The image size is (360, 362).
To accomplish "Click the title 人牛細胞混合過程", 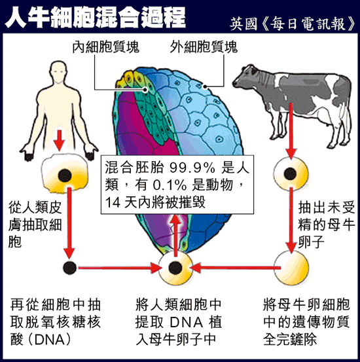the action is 95,17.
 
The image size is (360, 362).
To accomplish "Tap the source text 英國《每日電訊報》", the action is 293,24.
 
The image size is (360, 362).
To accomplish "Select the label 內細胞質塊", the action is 106,47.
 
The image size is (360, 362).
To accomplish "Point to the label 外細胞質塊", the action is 204,47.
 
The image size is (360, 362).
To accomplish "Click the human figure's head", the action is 59,71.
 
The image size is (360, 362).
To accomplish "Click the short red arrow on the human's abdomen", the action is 60,140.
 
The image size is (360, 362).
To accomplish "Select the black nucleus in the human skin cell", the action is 65,175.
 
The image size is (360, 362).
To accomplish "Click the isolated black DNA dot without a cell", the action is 70,268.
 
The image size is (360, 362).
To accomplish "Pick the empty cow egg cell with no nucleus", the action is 291,268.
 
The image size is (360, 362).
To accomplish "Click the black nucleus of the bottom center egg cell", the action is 175,268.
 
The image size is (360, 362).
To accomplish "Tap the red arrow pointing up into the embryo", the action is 176,236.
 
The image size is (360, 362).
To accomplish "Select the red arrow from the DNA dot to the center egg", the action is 120,268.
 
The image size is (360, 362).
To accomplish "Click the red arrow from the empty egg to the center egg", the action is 236,268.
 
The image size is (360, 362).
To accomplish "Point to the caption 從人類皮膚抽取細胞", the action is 35,225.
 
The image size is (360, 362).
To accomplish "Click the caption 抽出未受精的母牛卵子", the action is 326,225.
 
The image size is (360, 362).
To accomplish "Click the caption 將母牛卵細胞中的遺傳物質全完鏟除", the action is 306,322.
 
